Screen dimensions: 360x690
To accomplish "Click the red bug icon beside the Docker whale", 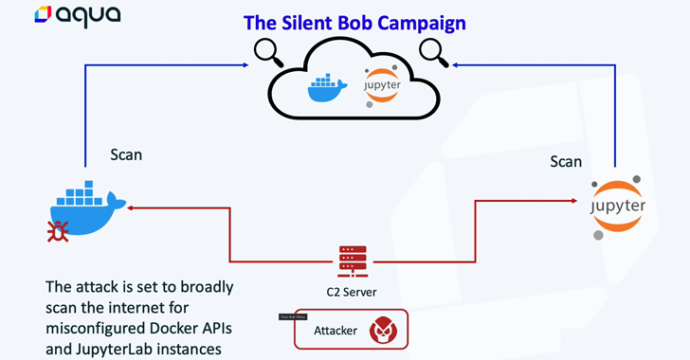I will coord(59,231).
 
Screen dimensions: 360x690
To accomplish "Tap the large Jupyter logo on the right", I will coord(617,206).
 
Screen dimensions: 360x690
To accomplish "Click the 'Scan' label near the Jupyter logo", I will coord(566,162).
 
